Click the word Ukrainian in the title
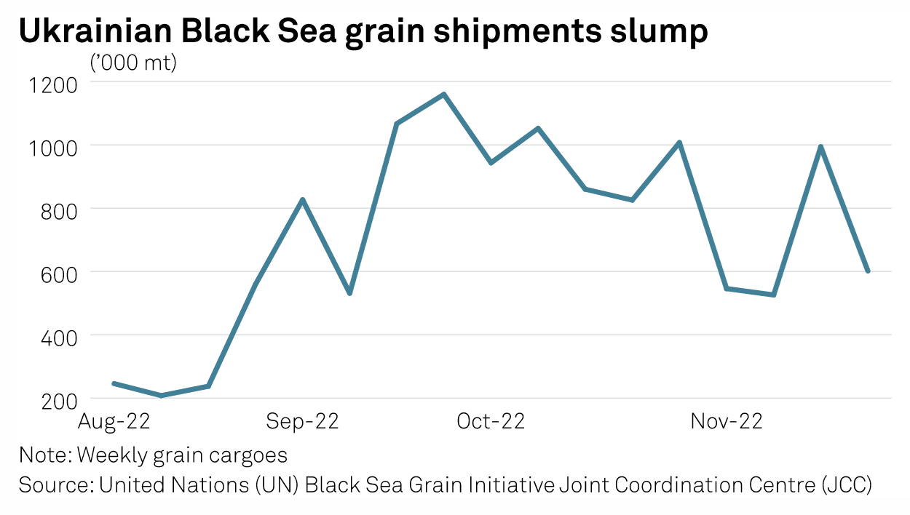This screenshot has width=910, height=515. coord(94,32)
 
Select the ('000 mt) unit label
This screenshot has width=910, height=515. coord(133,64)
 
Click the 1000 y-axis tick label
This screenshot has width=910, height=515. coord(52,147)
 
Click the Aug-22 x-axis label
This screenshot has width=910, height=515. coord(114,421)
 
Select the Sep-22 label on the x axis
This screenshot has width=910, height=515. coord(302,421)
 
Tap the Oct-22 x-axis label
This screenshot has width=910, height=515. coord(491,421)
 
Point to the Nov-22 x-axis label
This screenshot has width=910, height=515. coord(727,421)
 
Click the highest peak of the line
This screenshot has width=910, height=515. coord(443,95)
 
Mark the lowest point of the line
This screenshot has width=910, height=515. coord(161,396)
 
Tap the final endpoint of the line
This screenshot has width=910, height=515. coord(868,271)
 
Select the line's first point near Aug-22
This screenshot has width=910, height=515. coord(114,383)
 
